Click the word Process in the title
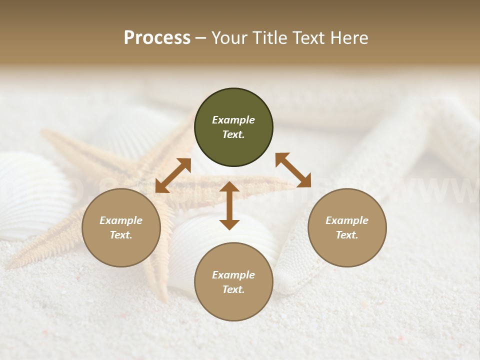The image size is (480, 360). [157, 38]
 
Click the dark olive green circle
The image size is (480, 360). [233, 127]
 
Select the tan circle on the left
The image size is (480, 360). [121, 227]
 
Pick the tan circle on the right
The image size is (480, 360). [347, 227]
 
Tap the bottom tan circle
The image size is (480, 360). [233, 281]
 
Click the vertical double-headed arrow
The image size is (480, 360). [229, 205]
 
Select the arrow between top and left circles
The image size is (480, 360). [173, 175]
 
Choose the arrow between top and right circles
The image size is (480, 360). [293, 170]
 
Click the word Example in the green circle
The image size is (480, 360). [233, 120]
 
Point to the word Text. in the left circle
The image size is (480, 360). [121, 235]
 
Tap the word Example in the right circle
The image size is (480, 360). [347, 220]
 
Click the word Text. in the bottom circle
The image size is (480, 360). [233, 289]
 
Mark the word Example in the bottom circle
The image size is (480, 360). [233, 275]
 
